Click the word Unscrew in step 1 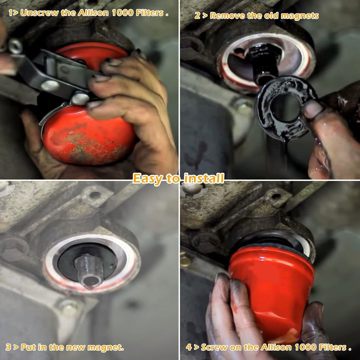point(39,13)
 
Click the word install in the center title point(204,178)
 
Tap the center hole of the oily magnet point(285,107)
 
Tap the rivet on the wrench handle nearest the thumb point(80,98)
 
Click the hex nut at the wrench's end point(15,47)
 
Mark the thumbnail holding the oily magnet point(312,109)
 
